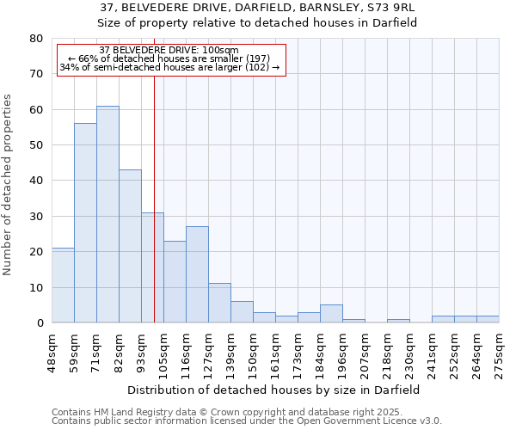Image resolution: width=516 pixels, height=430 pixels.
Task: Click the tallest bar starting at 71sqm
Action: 107,214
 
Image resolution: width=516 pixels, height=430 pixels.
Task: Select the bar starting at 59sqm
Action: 85,223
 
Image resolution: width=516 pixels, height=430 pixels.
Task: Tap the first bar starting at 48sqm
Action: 63,285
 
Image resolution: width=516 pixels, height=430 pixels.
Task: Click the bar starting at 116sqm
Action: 197,274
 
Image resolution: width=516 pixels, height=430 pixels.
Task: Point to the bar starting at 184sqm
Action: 331,314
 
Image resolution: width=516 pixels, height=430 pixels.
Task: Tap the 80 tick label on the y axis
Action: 35,39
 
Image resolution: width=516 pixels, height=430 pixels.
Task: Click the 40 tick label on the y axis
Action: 35,181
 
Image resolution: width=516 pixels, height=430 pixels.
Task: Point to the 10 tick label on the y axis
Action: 35,287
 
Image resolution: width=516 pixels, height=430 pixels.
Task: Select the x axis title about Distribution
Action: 275,390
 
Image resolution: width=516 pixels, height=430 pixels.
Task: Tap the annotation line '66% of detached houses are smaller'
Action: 169,58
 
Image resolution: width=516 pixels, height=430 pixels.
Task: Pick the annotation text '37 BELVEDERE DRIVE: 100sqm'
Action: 169,50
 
